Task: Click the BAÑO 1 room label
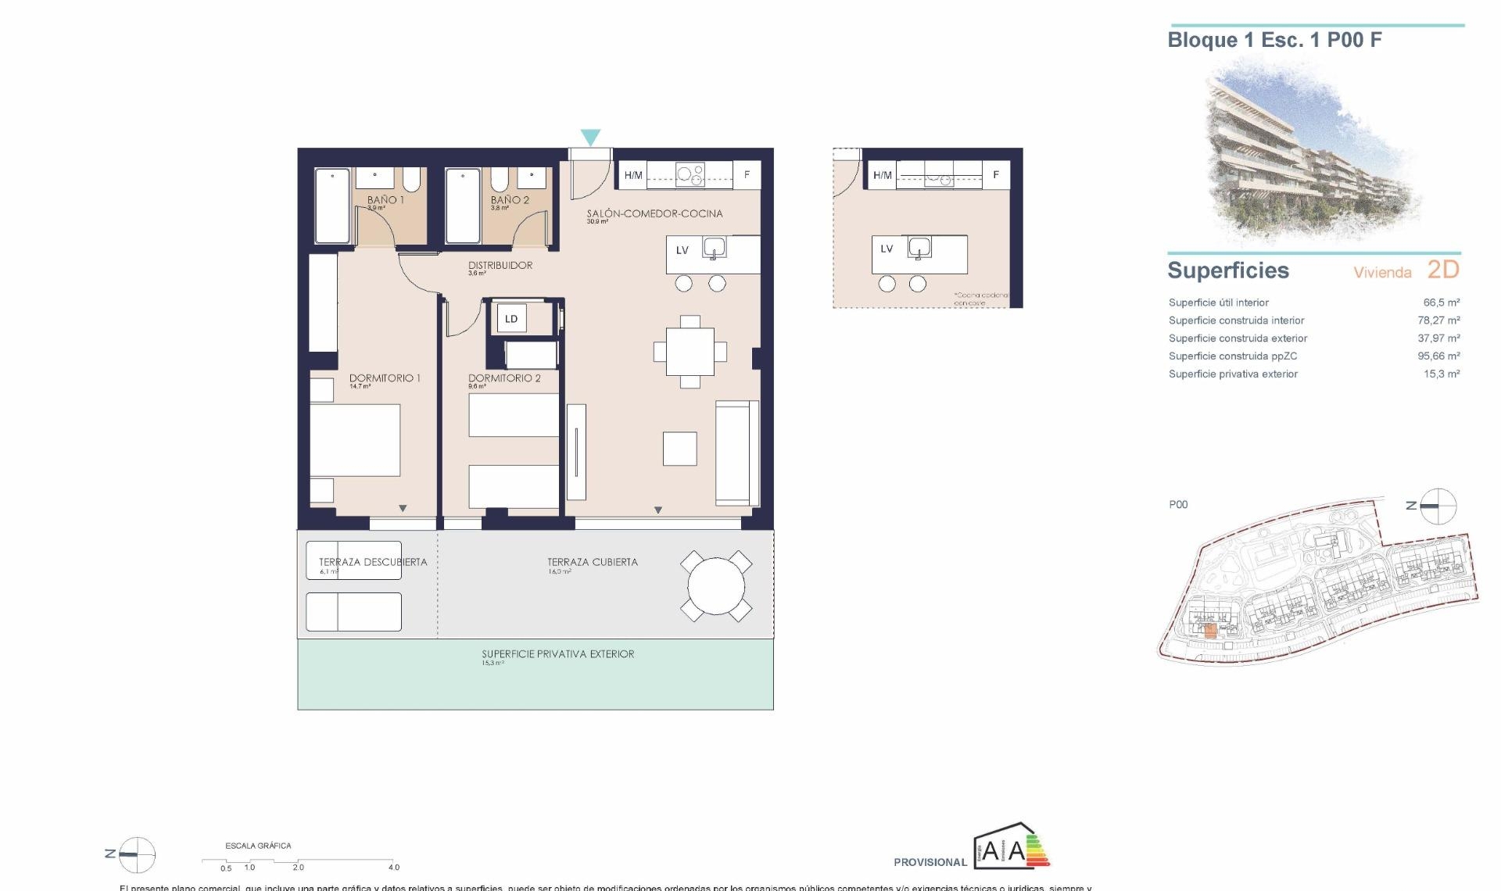[385, 200]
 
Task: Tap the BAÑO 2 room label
[510, 200]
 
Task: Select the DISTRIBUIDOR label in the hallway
[500, 266]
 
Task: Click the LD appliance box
[511, 319]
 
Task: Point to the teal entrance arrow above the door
[590, 138]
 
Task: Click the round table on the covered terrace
[716, 586]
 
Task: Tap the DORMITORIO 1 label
[385, 378]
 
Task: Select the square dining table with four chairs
[690, 352]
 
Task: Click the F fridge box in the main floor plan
[747, 175]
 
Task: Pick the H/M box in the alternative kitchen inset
[882, 175]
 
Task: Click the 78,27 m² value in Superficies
[1438, 320]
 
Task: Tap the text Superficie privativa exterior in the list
[1233, 374]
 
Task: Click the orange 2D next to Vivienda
[1443, 270]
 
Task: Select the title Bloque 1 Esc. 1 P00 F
[1274, 41]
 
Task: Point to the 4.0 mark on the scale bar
[394, 867]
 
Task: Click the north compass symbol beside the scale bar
[137, 854]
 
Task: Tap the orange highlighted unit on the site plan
[1210, 632]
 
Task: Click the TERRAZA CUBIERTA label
[592, 562]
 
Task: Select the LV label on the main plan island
[682, 251]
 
